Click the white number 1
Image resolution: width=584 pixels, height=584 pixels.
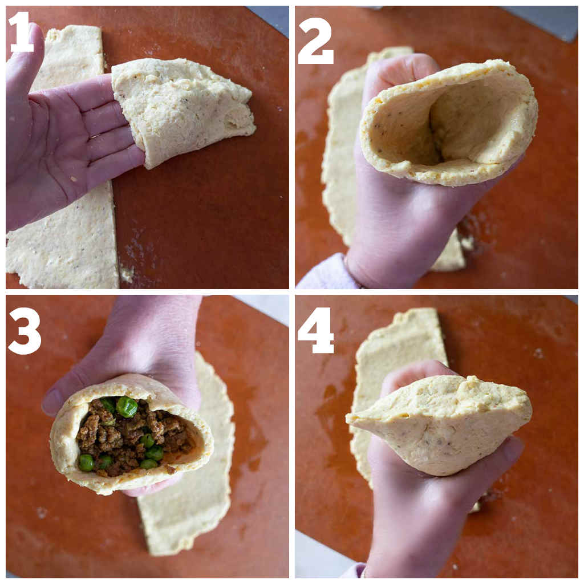21,32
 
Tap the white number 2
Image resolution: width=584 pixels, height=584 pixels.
315,41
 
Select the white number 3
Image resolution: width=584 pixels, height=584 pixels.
24,331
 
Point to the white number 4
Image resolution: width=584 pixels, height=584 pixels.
316,330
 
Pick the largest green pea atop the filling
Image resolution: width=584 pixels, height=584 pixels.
127,407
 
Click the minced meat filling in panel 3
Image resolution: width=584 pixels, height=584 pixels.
134,436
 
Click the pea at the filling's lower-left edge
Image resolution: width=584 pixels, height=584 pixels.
86,462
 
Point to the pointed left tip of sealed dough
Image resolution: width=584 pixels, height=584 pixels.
348,419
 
